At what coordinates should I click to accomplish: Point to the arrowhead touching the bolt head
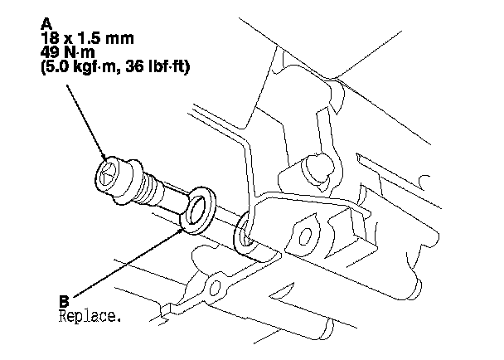coord(105,158)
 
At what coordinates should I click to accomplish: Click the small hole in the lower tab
coord(218,286)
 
